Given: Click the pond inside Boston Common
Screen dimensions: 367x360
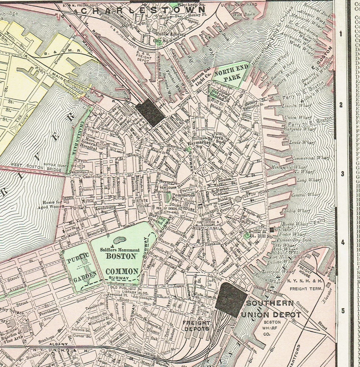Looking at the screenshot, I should point(120,240).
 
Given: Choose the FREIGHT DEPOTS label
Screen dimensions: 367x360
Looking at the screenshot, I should point(196,325).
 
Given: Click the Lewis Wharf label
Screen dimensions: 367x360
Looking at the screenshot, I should point(302,143).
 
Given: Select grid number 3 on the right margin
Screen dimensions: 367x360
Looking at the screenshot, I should point(342,174).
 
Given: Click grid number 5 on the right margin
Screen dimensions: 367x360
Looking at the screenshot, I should point(342,310).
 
